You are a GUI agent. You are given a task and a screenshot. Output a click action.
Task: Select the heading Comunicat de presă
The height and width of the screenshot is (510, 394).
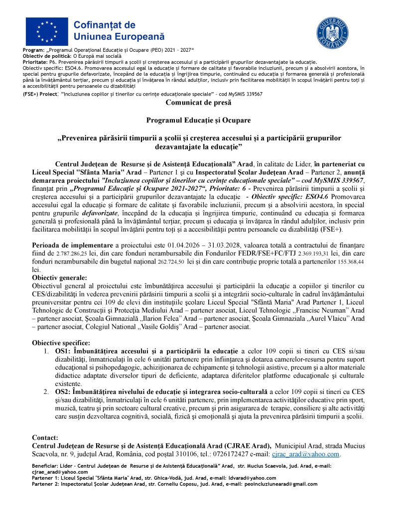pyautogui.click(x=196, y=103)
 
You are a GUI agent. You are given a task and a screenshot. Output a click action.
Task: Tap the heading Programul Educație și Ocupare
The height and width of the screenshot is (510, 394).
pyautogui.click(x=196, y=121)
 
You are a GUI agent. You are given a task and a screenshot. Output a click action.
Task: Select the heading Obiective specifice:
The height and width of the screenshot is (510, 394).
pyautogui.click(x=61, y=343)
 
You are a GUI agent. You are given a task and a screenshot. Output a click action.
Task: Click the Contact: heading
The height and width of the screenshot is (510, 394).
pyautogui.click(x=45, y=438)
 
